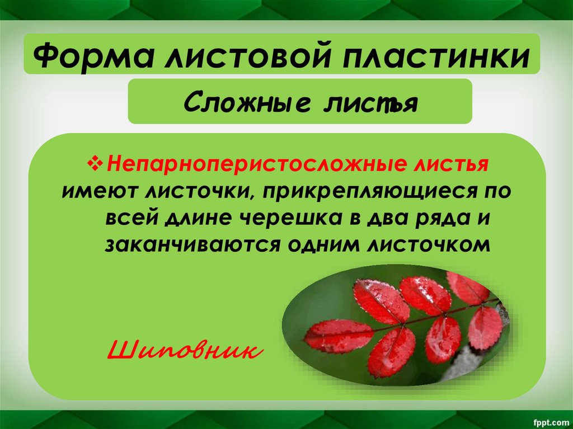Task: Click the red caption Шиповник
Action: (x=184, y=350)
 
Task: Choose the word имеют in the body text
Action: (x=99, y=191)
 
